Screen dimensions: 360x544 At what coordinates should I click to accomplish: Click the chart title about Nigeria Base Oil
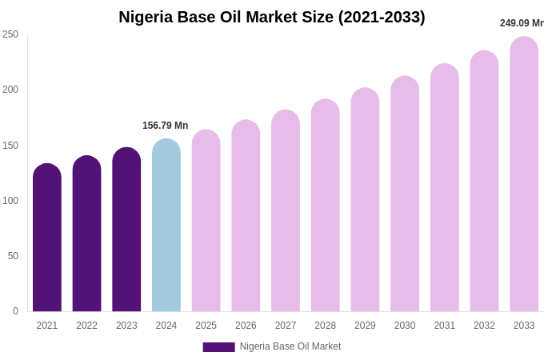pyautogui.click(x=272, y=17)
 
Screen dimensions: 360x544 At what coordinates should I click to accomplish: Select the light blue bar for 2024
pyautogui.click(x=166, y=228)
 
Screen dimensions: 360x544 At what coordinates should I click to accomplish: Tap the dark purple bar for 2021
pyautogui.click(x=47, y=240)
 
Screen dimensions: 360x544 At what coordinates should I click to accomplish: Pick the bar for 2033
pyautogui.click(x=524, y=176)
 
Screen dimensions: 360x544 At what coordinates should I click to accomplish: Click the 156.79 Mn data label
pyautogui.click(x=166, y=126)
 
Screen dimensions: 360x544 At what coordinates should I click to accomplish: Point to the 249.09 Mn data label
pyautogui.click(x=522, y=23)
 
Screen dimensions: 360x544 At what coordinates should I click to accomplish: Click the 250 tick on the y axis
pyautogui.click(x=10, y=34)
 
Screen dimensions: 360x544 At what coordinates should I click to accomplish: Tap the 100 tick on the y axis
pyautogui.click(x=10, y=201)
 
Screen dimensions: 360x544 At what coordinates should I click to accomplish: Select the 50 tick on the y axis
pyautogui.click(x=13, y=256)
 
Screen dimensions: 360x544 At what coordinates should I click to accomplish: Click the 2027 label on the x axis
pyautogui.click(x=286, y=326)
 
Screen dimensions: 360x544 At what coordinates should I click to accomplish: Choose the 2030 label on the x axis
pyautogui.click(x=405, y=326)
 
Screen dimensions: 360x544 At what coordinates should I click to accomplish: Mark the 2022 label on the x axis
pyautogui.click(x=86, y=326)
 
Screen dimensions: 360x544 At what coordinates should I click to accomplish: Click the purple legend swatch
pyautogui.click(x=218, y=347)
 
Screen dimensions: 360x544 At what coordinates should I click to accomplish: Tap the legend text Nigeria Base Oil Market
pyautogui.click(x=290, y=346)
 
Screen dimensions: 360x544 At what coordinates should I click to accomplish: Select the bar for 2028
pyautogui.click(x=326, y=208)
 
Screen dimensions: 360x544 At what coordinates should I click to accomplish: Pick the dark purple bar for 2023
pyautogui.click(x=126, y=232)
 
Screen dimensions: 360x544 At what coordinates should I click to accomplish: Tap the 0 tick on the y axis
pyautogui.click(x=15, y=311)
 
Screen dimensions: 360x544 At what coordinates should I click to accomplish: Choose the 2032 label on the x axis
pyautogui.click(x=484, y=326)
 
